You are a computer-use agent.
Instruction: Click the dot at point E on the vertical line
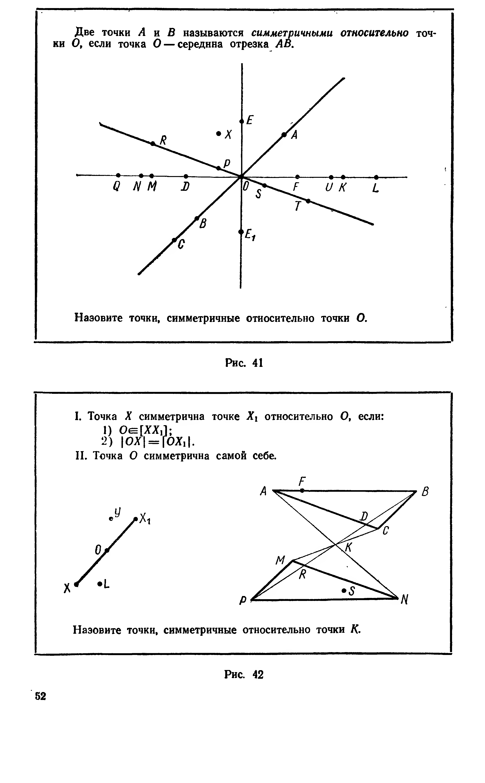242,121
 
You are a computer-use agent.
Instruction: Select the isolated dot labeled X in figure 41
218,133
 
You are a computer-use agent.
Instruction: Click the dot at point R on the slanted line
153,143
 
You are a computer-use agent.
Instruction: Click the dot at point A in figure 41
284,135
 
